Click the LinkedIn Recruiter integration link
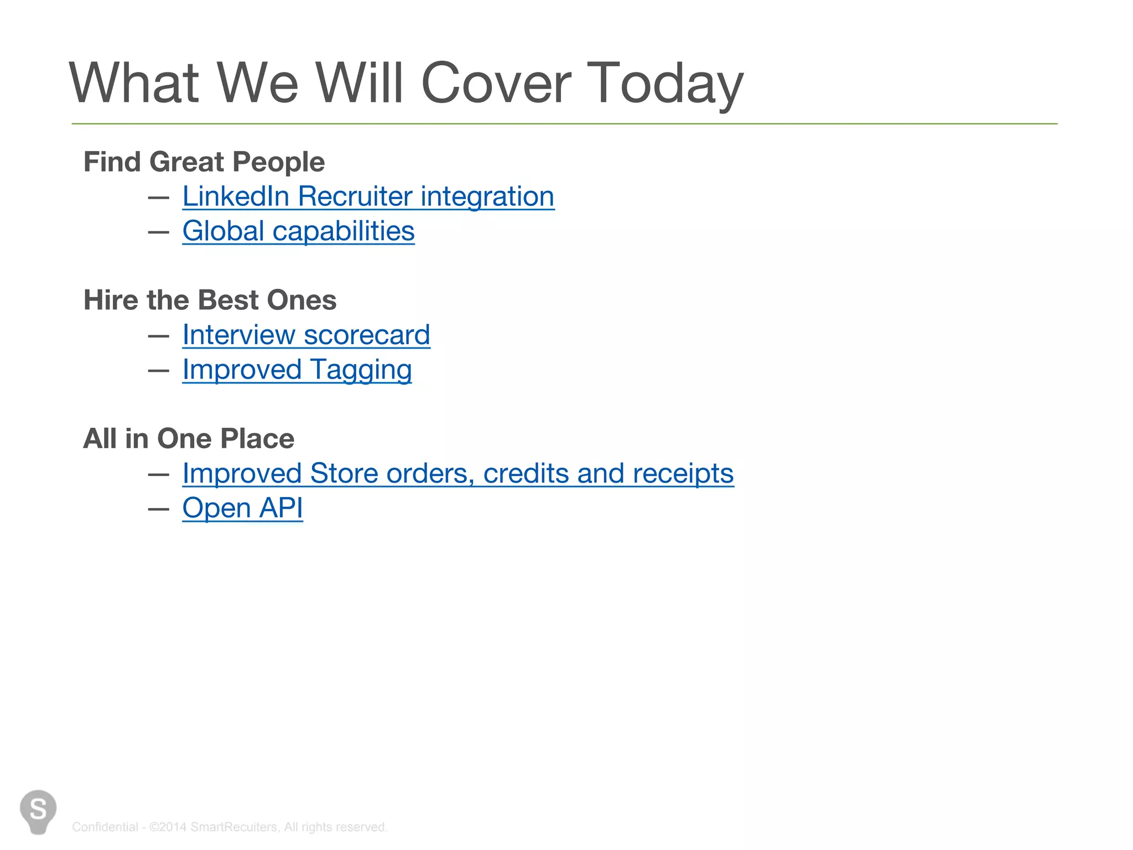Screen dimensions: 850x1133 368,197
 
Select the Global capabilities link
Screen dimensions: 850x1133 298,231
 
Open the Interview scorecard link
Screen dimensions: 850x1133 306,335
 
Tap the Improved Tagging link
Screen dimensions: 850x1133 297,370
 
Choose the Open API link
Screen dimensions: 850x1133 242,508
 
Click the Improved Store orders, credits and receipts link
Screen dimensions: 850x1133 458,474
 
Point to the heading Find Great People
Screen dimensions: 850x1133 204,162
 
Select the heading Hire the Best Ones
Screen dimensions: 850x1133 210,300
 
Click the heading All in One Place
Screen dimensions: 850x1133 189,439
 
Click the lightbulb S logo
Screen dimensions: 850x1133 38,811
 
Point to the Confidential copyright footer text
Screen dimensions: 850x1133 230,827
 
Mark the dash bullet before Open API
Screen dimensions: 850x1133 159,509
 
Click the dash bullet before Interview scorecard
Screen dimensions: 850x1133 159,336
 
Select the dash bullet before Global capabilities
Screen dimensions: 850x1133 159,232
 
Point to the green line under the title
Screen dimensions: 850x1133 564,124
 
